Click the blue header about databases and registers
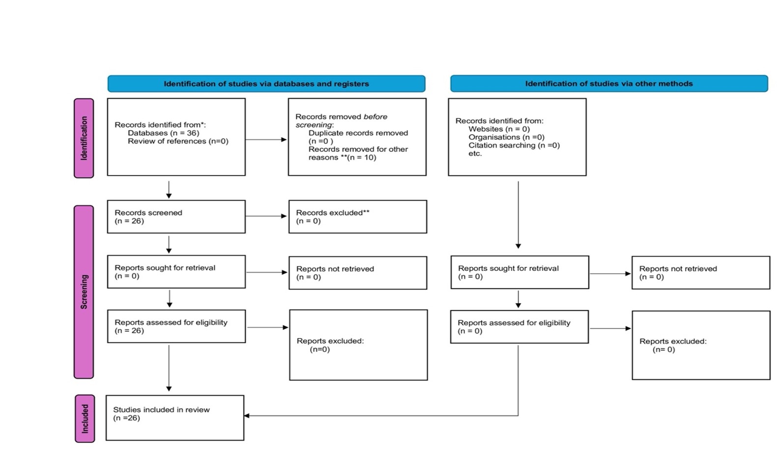click(x=266, y=84)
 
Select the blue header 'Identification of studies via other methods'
click(x=609, y=84)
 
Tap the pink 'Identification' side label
click(x=84, y=138)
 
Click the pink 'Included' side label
click(x=85, y=418)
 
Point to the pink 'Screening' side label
click(x=84, y=292)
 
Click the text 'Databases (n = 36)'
click(x=163, y=133)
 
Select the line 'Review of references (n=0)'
click(x=178, y=141)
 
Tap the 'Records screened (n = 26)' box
click(x=176, y=217)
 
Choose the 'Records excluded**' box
click(x=358, y=217)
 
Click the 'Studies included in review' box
click(x=175, y=418)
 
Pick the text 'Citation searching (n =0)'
click(x=514, y=145)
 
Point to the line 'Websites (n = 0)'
click(x=499, y=129)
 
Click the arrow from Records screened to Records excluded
click(x=266, y=216)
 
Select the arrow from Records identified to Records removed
click(x=266, y=140)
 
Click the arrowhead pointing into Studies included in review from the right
click(x=247, y=415)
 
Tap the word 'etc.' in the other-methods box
click(x=475, y=153)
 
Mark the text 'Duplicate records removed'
click(x=358, y=133)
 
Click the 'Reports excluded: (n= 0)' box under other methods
click(x=701, y=345)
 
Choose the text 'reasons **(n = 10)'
click(x=342, y=157)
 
